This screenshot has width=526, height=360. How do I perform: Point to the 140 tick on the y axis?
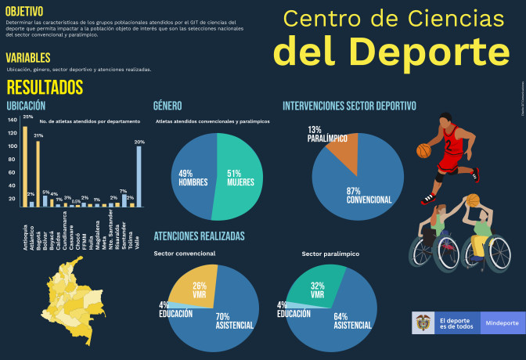(x=12, y=120)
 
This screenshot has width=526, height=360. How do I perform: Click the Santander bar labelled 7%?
(x=124, y=200)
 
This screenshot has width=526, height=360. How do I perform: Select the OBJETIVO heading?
(x=24, y=11)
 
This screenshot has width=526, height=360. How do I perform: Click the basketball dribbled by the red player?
(x=423, y=149)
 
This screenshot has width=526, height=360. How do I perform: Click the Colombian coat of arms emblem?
(x=423, y=323)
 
